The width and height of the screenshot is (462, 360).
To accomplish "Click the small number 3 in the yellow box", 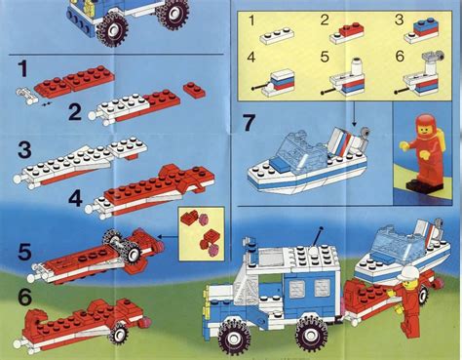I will [x=398, y=19].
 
